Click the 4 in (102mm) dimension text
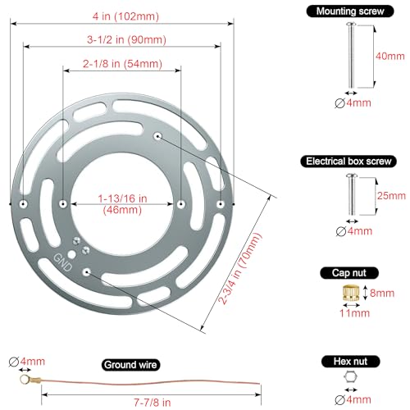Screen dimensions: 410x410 point(125,16)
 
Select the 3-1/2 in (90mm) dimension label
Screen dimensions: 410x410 point(126,40)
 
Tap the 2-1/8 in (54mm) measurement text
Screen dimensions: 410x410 point(122,64)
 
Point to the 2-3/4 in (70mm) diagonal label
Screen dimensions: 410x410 point(239,268)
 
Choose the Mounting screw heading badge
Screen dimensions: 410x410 point(350,11)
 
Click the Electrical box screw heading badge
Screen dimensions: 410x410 point(348,162)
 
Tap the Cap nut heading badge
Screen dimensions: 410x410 point(349,273)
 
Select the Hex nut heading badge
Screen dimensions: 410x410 point(350,362)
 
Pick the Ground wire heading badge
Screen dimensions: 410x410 point(130,365)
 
